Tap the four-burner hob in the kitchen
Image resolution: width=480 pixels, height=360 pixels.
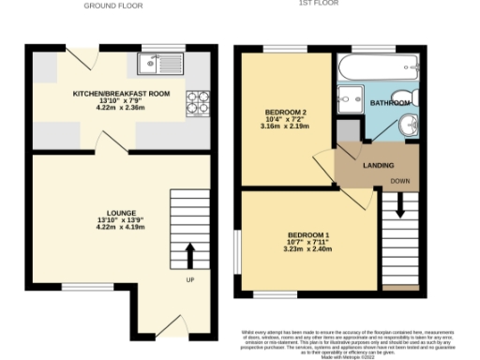pos(197,101)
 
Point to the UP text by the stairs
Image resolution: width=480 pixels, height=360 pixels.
pos(189,279)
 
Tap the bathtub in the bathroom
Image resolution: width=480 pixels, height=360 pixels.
pos(378,68)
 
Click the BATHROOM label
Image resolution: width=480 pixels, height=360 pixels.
pos(389,101)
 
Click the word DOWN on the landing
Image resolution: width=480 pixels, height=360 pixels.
pos(399,180)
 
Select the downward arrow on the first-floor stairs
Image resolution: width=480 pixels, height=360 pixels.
pos(400,205)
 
